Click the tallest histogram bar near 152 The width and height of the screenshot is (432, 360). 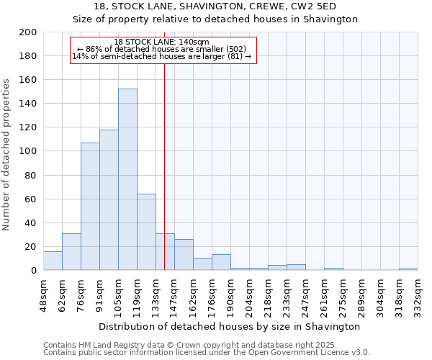tap(127, 179)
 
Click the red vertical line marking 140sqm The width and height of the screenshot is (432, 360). tap(165, 166)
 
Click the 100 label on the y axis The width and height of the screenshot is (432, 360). tap(27, 151)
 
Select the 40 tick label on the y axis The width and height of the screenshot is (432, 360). tap(30, 222)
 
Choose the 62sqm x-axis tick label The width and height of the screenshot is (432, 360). tap(62, 293)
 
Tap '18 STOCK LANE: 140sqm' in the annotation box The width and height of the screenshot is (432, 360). tap(162, 42)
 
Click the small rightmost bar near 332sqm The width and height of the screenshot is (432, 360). tap(408, 269)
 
